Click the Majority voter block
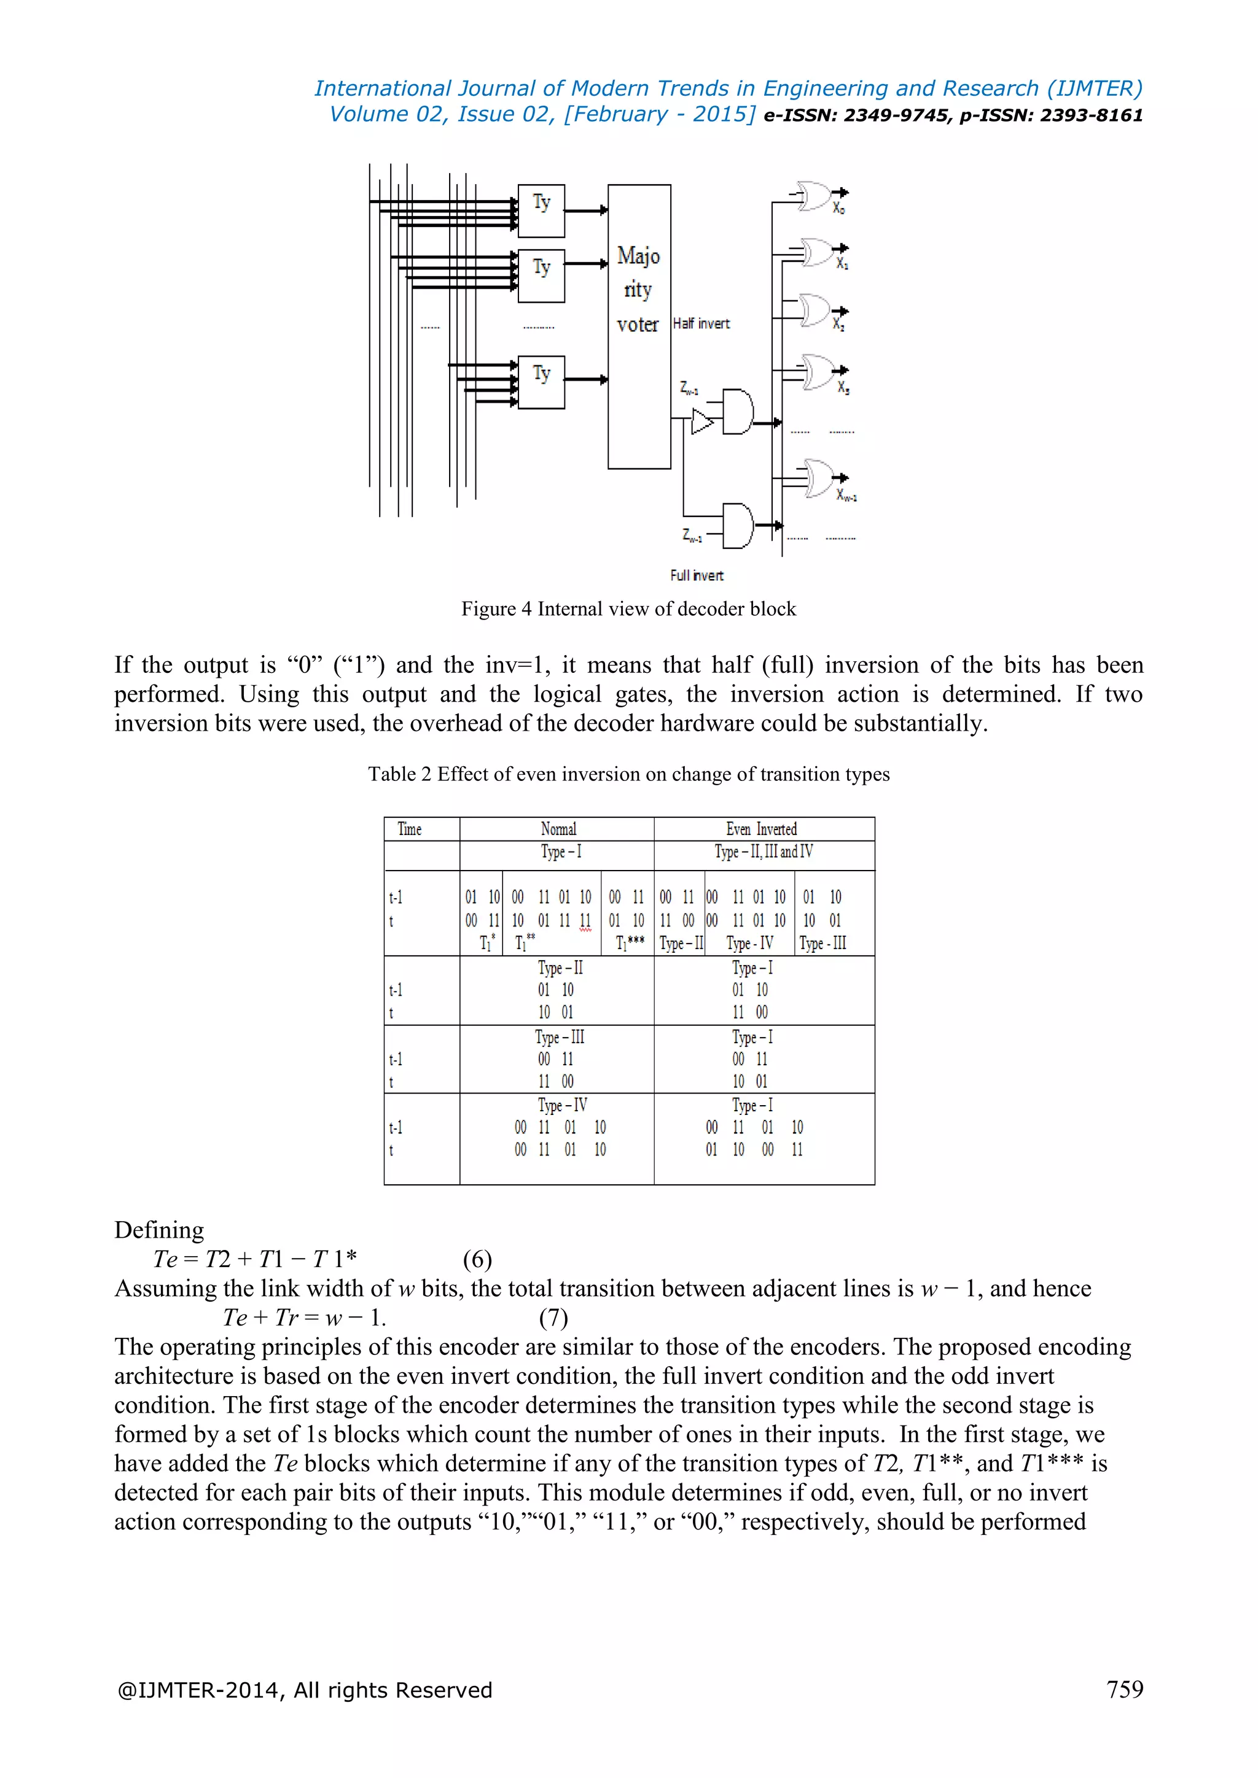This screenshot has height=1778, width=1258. pyautogui.click(x=639, y=326)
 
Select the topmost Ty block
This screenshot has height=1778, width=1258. pyautogui.click(x=541, y=210)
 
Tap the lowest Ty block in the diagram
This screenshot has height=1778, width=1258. pyautogui.click(x=541, y=382)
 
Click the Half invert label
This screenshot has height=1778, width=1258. pyautogui.click(x=701, y=324)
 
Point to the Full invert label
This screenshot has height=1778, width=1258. pyautogui.click(x=697, y=575)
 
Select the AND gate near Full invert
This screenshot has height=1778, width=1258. pyautogui.click(x=738, y=526)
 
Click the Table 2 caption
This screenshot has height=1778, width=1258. pyautogui.click(x=628, y=774)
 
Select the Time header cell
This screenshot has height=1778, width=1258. pyautogui.click(x=410, y=829)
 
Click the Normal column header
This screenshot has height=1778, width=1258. pyautogui.click(x=558, y=829)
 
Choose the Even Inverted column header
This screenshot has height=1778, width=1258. pyautogui.click(x=762, y=829)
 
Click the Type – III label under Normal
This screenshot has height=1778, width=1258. pyautogui.click(x=560, y=1037)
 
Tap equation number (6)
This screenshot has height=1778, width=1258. pyautogui.click(x=477, y=1259)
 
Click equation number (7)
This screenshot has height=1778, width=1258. pyautogui.click(x=553, y=1318)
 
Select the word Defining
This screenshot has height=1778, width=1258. pyautogui.click(x=159, y=1230)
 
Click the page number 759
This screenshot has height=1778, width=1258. pyautogui.click(x=1125, y=1689)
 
